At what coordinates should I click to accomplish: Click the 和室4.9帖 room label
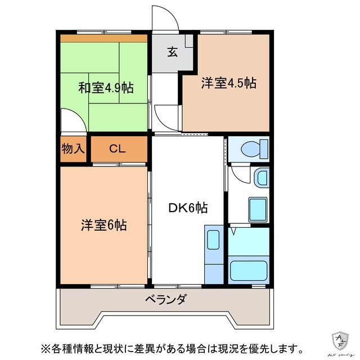tap(106, 88)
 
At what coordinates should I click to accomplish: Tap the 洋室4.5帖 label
tap(228, 83)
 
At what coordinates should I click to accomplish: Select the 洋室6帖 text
tap(103, 225)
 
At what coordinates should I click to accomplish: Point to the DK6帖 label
tap(188, 208)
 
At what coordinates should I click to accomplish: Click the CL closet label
tap(118, 149)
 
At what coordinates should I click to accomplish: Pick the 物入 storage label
tap(73, 149)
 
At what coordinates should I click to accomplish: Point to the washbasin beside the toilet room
tap(262, 178)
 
